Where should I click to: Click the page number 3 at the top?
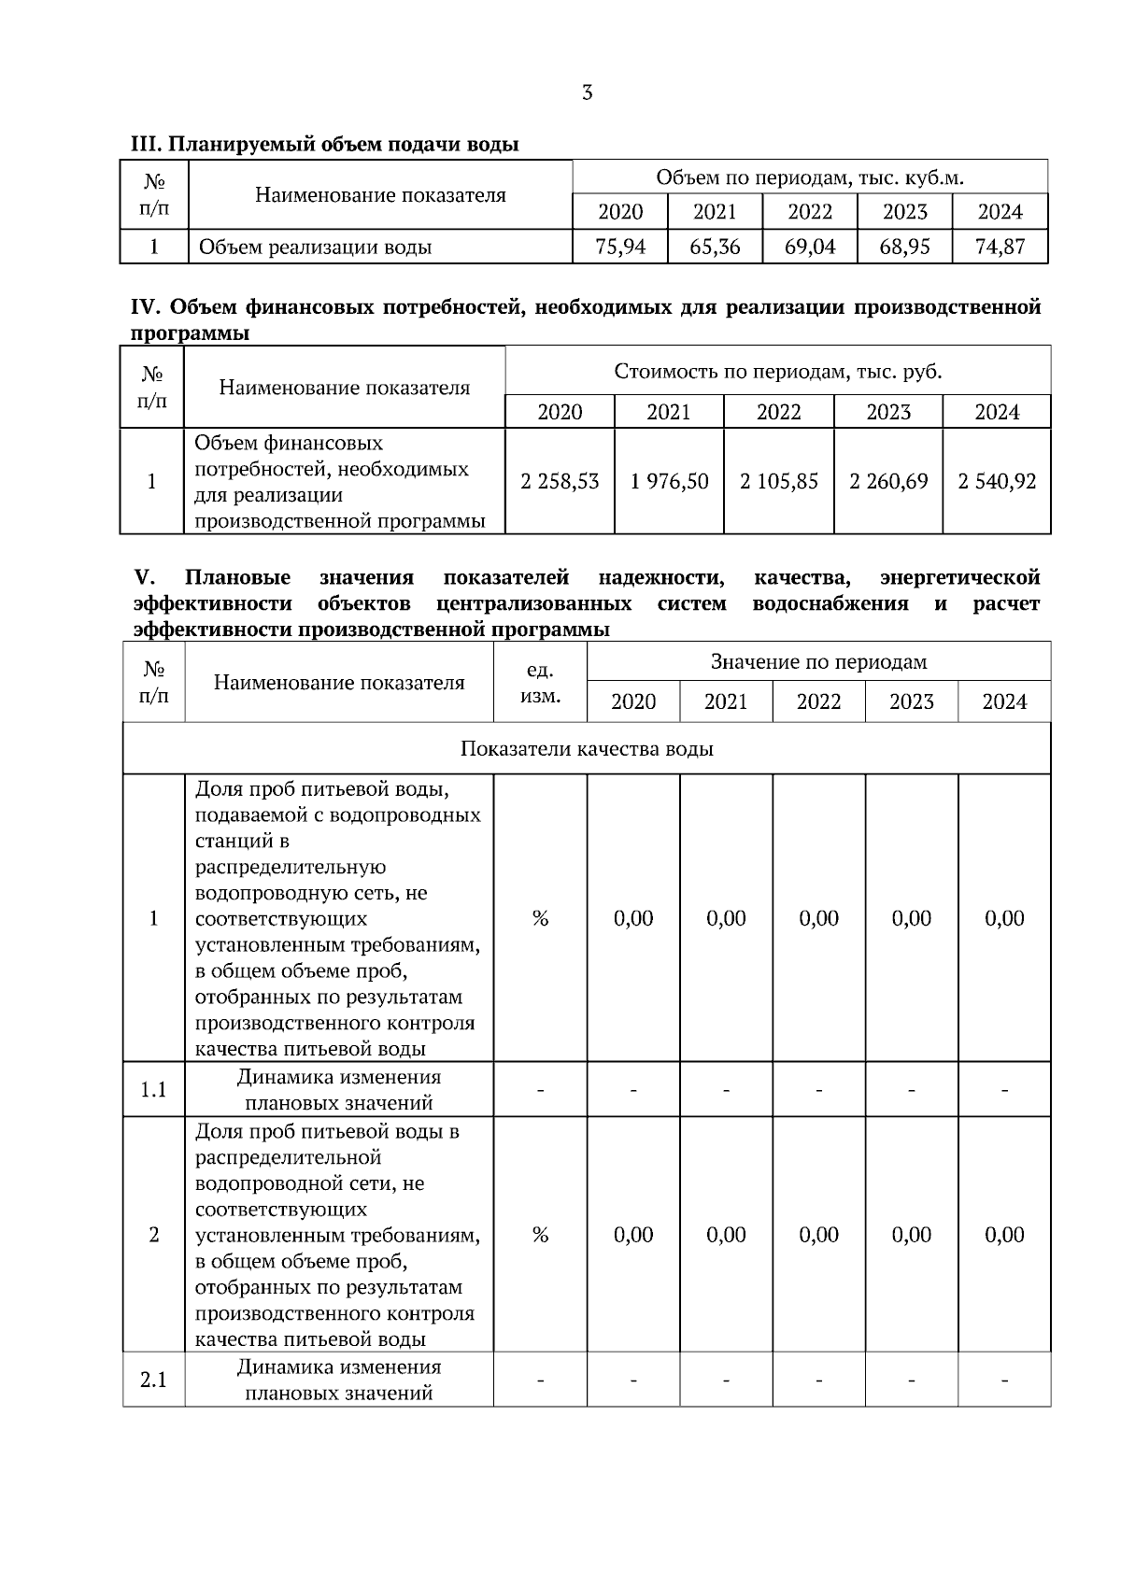587,92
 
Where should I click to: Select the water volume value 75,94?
620,248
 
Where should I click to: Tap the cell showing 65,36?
715,248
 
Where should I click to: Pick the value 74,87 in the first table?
1000,248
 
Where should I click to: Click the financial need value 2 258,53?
560,481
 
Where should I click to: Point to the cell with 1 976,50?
669,481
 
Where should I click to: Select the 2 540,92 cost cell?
997,481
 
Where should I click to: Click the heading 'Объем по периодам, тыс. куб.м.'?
809,177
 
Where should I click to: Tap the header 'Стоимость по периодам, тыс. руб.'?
777,372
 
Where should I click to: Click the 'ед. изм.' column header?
540,683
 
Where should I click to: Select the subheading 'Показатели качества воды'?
587,749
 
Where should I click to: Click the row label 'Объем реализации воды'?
315,248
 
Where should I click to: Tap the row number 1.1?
153,1089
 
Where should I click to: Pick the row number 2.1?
153,1380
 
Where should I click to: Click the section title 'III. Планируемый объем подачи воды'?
324,144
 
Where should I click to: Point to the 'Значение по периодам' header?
818,662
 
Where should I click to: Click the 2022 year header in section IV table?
778,412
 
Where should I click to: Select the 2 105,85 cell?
778,481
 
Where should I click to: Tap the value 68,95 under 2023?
904,248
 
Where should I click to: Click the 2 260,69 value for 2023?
887,481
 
